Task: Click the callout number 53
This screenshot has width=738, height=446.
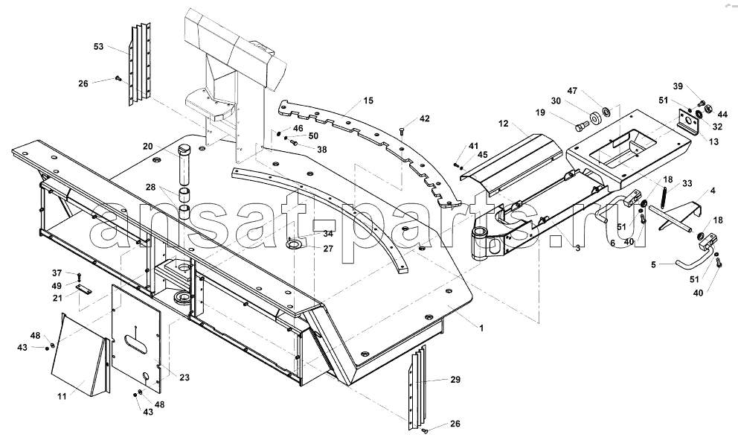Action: (x=98, y=47)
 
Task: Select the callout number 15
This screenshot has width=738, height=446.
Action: (x=368, y=101)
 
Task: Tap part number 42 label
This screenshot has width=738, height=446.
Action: (x=425, y=118)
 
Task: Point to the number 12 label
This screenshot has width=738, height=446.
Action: (x=504, y=124)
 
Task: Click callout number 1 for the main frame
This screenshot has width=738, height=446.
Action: (x=481, y=328)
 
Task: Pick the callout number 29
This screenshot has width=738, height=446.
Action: (x=455, y=380)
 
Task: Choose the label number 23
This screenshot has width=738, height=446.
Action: (x=184, y=377)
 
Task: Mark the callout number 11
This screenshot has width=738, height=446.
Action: (x=62, y=397)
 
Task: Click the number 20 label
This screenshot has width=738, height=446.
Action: (x=148, y=147)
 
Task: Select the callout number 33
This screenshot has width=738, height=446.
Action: (x=687, y=183)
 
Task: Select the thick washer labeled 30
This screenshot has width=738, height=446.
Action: (x=597, y=118)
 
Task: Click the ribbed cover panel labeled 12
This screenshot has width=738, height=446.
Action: (x=512, y=164)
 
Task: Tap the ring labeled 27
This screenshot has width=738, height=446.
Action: (x=296, y=245)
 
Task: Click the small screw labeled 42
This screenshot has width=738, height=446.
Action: (x=401, y=131)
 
